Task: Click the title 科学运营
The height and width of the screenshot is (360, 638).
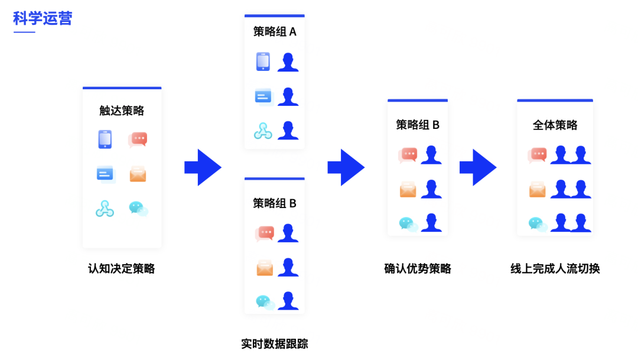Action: (x=43, y=18)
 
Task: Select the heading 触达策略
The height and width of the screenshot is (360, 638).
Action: (x=122, y=111)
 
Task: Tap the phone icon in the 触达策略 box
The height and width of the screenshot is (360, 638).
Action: (x=105, y=140)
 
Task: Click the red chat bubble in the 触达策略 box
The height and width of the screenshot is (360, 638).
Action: (x=138, y=140)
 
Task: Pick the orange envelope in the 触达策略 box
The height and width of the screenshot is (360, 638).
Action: (x=138, y=174)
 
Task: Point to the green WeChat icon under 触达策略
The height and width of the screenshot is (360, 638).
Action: (x=138, y=208)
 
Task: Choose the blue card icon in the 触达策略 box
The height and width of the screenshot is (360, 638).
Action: (x=105, y=174)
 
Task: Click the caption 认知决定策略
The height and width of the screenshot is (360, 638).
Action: (x=122, y=268)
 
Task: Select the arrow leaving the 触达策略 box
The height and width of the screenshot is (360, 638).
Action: (x=203, y=167)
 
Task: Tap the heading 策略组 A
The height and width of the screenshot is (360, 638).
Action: (x=275, y=32)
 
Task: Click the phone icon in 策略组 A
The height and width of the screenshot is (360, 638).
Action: (x=263, y=62)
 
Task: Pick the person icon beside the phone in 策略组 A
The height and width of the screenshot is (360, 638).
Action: (x=288, y=62)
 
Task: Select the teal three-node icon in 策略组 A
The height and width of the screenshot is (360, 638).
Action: (x=263, y=131)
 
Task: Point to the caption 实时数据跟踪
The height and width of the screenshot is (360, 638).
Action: (x=275, y=343)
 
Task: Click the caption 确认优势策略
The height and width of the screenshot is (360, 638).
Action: (x=418, y=268)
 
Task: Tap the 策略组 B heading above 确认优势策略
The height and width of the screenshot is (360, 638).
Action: (x=418, y=125)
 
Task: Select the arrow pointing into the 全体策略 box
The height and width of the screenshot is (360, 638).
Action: (x=478, y=167)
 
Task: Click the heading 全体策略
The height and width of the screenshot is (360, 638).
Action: (x=555, y=125)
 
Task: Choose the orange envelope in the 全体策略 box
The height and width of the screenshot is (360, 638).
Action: (x=537, y=189)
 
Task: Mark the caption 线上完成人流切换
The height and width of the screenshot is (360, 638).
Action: (x=555, y=268)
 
